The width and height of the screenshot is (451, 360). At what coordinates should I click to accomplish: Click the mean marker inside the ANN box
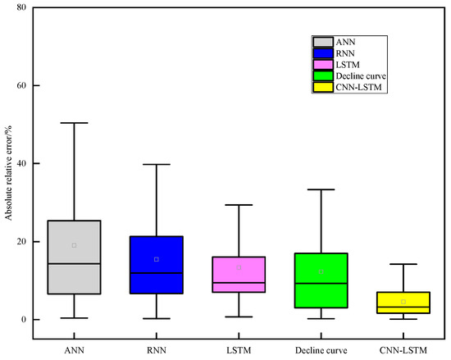[74, 245]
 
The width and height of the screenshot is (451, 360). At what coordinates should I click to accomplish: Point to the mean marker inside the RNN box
[156, 259]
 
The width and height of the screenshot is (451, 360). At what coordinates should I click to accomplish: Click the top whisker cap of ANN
[74, 123]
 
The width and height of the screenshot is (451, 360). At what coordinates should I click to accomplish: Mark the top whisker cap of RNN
[156, 164]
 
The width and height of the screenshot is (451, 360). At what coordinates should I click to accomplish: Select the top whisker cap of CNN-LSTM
[403, 264]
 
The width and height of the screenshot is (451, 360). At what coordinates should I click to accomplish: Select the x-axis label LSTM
[239, 350]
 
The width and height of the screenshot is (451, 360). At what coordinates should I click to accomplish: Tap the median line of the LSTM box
[239, 283]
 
